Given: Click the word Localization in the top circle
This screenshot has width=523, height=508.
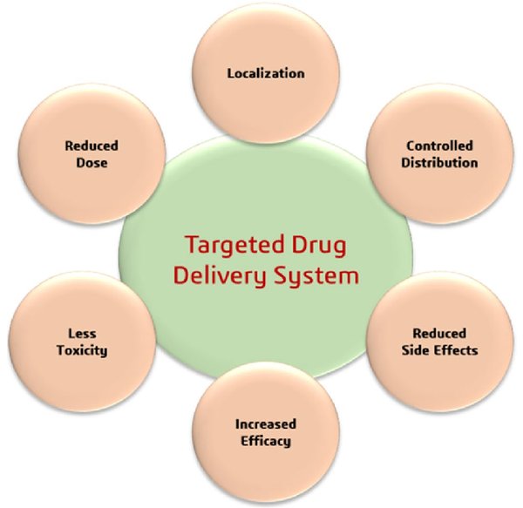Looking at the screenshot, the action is point(266,73).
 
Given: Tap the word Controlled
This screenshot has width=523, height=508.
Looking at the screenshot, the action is point(439,146).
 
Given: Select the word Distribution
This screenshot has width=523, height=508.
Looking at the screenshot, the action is point(439,163).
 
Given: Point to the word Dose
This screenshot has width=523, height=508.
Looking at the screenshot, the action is point(92,163).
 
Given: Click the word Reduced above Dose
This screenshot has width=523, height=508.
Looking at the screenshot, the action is point(92,146).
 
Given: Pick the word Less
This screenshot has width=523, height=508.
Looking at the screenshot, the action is point(82,334).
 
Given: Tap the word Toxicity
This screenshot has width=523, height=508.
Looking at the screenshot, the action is point(82,350).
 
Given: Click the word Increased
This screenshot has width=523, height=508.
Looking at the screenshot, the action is point(266,424).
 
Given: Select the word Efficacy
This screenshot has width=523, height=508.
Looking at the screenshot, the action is point(266,441).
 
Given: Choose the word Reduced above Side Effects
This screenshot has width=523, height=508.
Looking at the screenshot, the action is point(439,334).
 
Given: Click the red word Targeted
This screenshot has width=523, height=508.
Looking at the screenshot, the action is point(234,246).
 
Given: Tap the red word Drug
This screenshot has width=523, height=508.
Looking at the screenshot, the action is point(319,246).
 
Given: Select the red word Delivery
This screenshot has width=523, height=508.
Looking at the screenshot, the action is point(221,277).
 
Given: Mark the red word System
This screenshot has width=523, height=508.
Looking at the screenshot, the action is point(316,277).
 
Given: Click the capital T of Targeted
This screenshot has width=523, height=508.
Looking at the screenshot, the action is point(193,244).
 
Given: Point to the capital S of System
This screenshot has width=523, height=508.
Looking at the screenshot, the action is point(281,276).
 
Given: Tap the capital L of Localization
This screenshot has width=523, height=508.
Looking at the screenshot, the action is point(231,73).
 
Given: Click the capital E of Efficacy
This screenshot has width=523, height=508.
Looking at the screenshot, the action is point(245,441).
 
